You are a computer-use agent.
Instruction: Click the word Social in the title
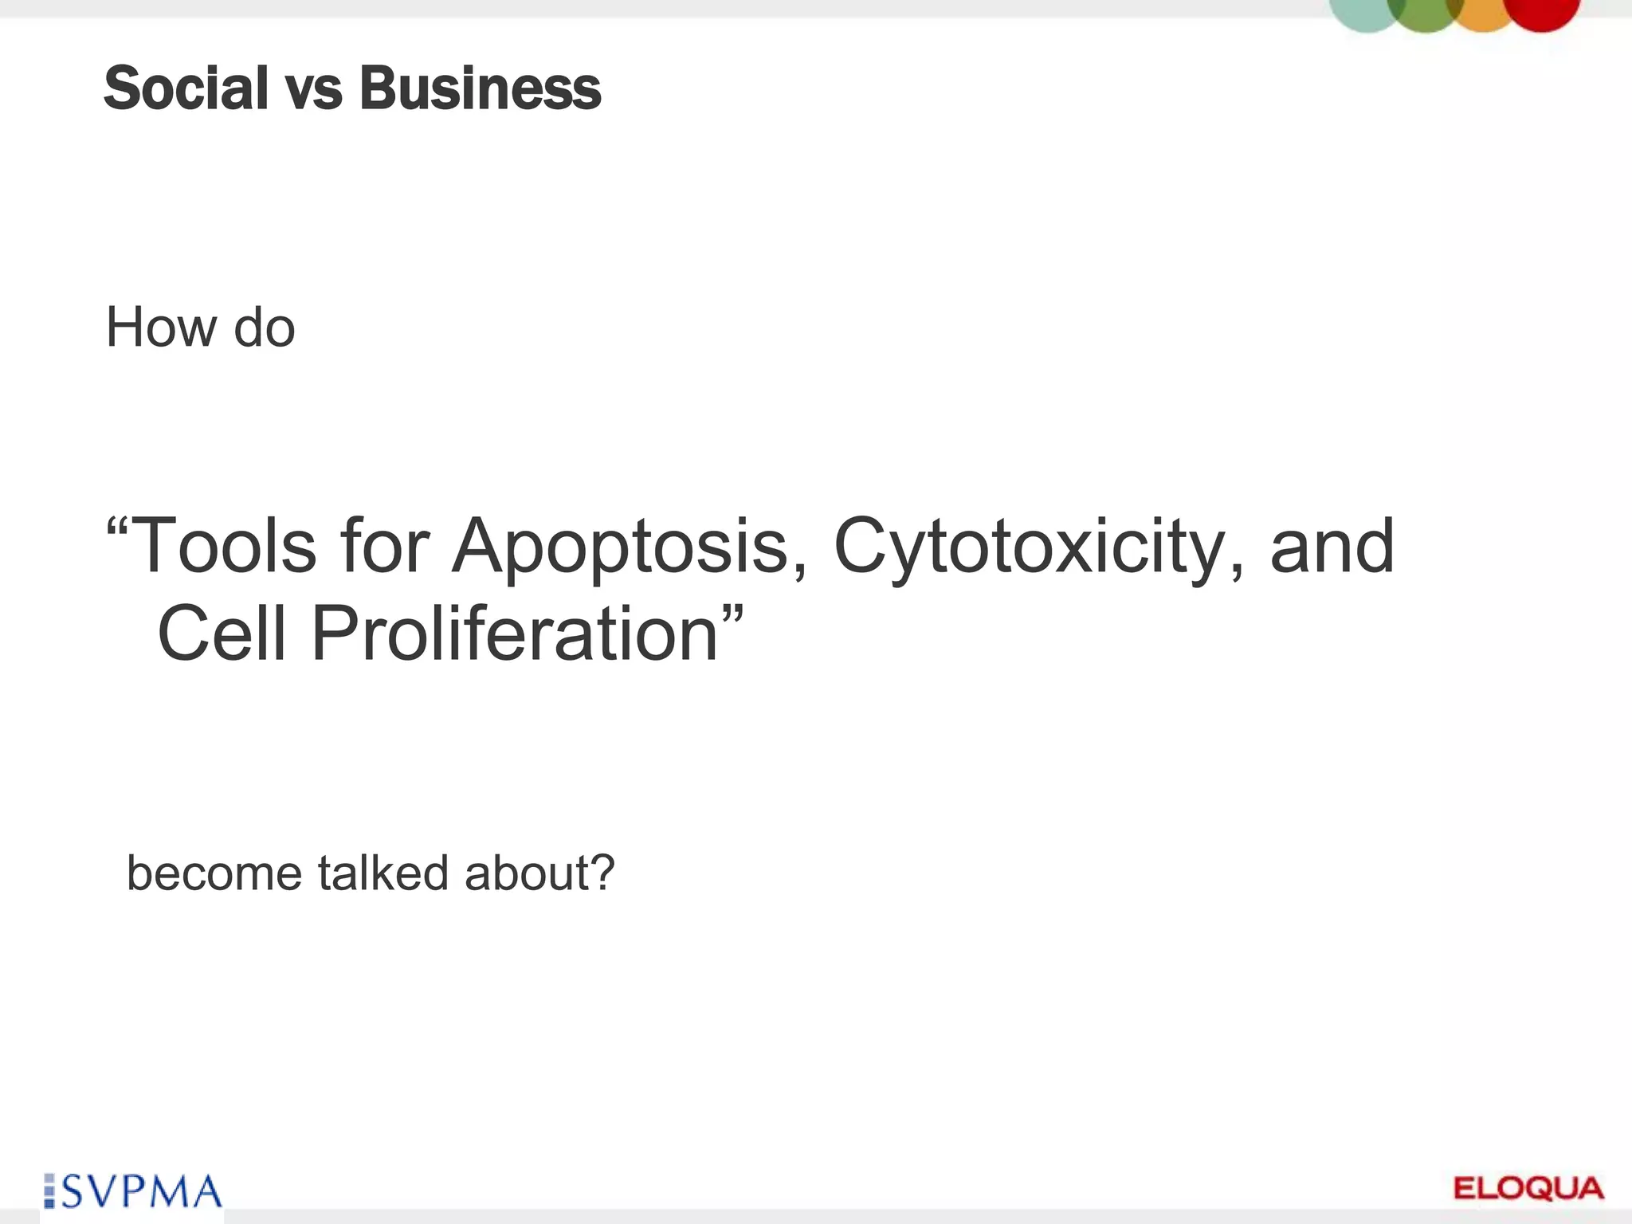[186, 88]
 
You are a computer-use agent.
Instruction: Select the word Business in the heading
[481, 88]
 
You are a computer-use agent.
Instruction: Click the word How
[162, 328]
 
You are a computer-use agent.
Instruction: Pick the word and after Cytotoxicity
[1332, 546]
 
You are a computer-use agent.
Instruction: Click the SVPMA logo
[133, 1192]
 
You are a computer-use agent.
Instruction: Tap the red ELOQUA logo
[1528, 1188]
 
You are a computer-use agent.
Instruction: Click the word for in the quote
[385, 546]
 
